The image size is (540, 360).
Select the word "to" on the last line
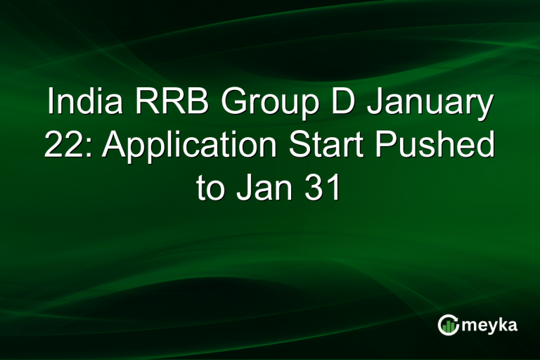coord(210,188)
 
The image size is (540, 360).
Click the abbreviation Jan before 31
coord(265,188)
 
